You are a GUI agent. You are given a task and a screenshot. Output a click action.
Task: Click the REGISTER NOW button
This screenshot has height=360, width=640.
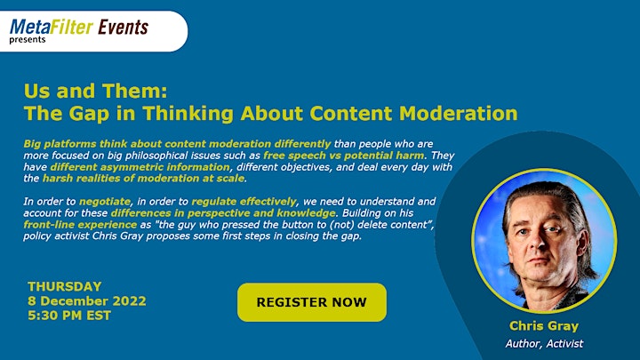(x=312, y=302)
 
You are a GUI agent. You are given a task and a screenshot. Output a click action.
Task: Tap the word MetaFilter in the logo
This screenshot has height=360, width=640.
(x=52, y=27)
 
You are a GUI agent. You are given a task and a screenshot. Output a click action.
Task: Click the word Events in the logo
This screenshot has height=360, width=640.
(x=123, y=27)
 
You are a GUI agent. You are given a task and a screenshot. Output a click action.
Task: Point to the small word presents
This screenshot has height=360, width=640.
(x=28, y=40)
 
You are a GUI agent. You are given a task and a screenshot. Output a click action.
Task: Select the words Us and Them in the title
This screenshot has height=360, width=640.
(x=95, y=91)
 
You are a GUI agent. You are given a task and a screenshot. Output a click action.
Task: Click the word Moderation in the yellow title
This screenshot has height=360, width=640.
(x=459, y=113)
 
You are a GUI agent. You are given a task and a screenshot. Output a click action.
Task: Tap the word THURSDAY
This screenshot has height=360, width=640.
(x=65, y=286)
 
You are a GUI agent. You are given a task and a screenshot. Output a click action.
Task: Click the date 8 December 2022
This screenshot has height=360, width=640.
(x=87, y=300)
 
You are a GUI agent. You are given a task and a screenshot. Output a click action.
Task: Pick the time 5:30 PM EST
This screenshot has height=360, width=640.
(x=69, y=316)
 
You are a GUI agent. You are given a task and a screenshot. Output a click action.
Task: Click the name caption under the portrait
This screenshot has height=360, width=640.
(x=544, y=325)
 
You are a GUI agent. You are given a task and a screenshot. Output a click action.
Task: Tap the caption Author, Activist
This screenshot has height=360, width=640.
(x=544, y=344)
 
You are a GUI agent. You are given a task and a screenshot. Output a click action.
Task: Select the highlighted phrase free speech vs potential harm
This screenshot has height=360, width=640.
(x=344, y=155)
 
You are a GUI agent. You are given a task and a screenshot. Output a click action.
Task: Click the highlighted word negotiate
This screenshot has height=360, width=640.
(x=105, y=202)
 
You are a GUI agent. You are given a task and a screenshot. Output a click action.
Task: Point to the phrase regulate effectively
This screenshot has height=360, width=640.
(x=244, y=202)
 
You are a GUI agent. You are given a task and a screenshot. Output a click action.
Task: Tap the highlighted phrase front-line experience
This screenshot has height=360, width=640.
(x=80, y=225)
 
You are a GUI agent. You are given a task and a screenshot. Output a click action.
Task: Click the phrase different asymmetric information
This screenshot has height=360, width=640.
(x=140, y=167)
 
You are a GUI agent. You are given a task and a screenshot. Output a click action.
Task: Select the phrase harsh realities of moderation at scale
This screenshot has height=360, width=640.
(x=144, y=179)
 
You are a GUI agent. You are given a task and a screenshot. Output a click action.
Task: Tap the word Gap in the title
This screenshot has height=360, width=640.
(x=89, y=114)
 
